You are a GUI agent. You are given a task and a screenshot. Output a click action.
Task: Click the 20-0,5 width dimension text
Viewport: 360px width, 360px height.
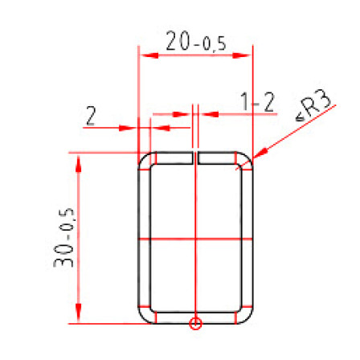coord(196,42)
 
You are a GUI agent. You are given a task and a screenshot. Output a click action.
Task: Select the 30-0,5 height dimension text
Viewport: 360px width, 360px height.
coord(63,237)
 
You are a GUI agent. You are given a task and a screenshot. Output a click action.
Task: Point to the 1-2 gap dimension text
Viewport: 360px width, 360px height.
coord(258,102)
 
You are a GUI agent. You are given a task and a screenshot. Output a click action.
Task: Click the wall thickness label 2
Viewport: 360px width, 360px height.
coord(91,116)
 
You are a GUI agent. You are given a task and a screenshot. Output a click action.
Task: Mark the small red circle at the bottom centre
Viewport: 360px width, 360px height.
coord(195,323)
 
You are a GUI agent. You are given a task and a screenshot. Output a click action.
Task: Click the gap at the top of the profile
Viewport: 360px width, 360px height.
coord(195,157)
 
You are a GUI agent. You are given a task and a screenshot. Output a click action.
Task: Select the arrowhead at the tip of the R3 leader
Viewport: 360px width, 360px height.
coord(260,153)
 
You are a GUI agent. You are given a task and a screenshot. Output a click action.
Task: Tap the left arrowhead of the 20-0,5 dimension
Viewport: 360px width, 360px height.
coord(149,55)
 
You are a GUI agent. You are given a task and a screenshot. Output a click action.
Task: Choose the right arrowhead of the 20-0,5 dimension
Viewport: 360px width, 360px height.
coord(241,55)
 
